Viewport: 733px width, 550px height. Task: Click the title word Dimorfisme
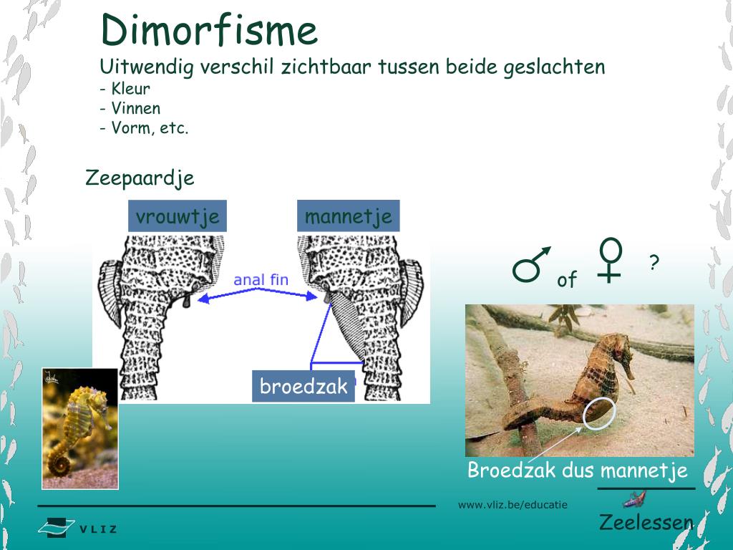208,31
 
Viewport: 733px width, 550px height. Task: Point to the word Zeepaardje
140,178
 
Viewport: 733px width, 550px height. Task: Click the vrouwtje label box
178,216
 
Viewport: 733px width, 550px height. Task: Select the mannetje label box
348,216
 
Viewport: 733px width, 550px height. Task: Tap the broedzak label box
304,387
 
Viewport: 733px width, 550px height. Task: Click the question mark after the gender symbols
654,264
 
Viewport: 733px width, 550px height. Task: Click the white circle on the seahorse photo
598,413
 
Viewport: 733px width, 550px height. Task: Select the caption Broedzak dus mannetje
577,471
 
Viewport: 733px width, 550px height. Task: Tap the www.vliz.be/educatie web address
513,505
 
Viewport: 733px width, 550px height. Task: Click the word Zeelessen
646,522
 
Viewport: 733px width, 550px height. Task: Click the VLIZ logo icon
57,528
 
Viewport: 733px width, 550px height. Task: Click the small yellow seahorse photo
79,428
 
